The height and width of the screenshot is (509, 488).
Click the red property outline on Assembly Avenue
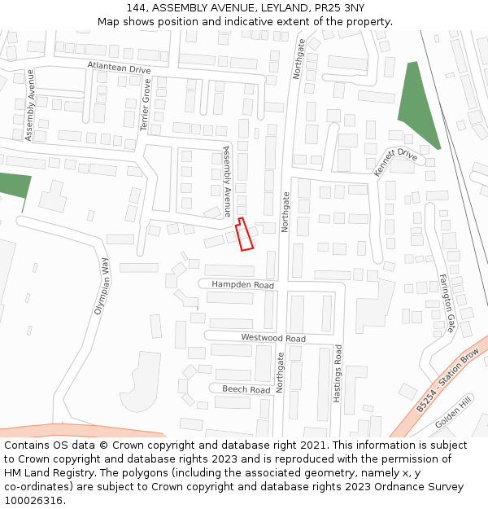244,235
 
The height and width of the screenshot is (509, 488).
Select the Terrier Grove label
146,105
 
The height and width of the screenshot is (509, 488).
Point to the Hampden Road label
242,285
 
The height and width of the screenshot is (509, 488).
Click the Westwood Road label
273,338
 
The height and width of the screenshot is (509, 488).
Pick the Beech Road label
246,389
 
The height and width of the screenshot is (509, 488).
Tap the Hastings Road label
338,373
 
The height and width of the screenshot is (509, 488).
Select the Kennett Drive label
395,162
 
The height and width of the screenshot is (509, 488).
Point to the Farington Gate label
447,302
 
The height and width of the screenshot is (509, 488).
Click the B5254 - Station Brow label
447,381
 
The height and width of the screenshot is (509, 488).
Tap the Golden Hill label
453,414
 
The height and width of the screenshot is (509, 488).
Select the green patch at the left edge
14,185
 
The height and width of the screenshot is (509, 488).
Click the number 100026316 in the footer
33,500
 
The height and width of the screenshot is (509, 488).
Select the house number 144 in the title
136,8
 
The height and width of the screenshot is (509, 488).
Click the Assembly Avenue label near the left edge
29,105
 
